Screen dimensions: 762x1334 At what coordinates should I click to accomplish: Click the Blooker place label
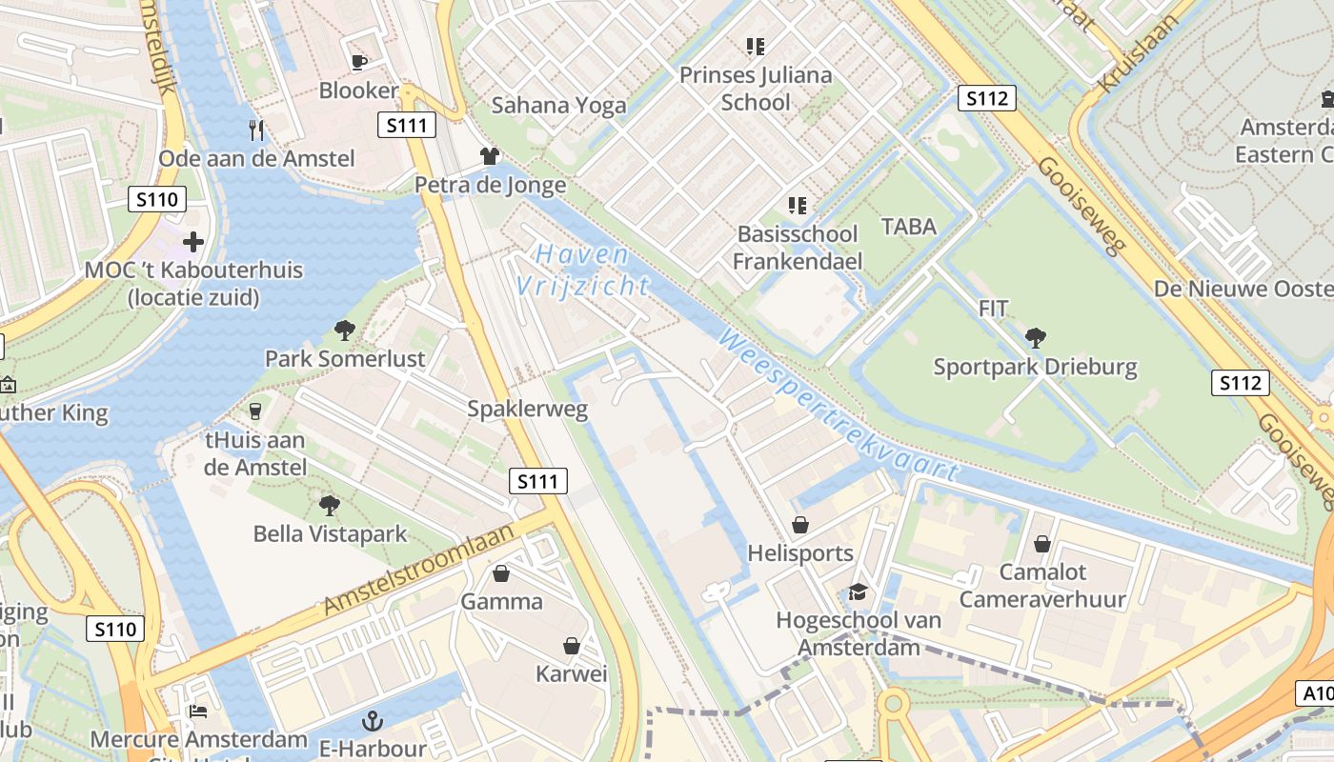[358, 90]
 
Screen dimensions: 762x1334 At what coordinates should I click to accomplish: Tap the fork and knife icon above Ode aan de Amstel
[255, 130]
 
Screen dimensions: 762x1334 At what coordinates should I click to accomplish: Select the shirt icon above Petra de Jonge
[490, 156]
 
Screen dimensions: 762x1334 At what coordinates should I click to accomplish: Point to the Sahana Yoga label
[559, 105]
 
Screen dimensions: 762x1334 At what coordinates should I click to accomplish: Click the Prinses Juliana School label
[756, 88]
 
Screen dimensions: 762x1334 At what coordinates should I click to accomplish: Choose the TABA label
[909, 227]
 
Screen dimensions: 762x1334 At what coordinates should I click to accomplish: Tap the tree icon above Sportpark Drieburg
[1036, 337]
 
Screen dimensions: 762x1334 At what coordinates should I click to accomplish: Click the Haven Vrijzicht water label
[581, 271]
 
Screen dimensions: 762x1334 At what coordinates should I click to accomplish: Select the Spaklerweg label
[527, 410]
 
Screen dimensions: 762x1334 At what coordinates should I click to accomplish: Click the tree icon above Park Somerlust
[345, 331]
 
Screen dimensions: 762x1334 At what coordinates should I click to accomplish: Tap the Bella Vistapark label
[330, 533]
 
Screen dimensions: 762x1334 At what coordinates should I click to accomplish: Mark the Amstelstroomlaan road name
[420, 568]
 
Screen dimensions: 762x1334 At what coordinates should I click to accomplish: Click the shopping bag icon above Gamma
[501, 573]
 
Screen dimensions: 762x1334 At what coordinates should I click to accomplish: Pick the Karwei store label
[571, 674]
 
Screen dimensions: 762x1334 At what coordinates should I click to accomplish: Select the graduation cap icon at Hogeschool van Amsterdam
[859, 592]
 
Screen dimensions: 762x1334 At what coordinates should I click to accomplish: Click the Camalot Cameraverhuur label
[1042, 586]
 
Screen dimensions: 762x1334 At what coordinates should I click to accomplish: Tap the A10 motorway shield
[1315, 693]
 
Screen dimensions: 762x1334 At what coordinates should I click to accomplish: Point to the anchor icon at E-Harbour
[373, 721]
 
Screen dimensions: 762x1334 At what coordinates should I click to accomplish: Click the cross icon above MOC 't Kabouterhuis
[193, 241]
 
